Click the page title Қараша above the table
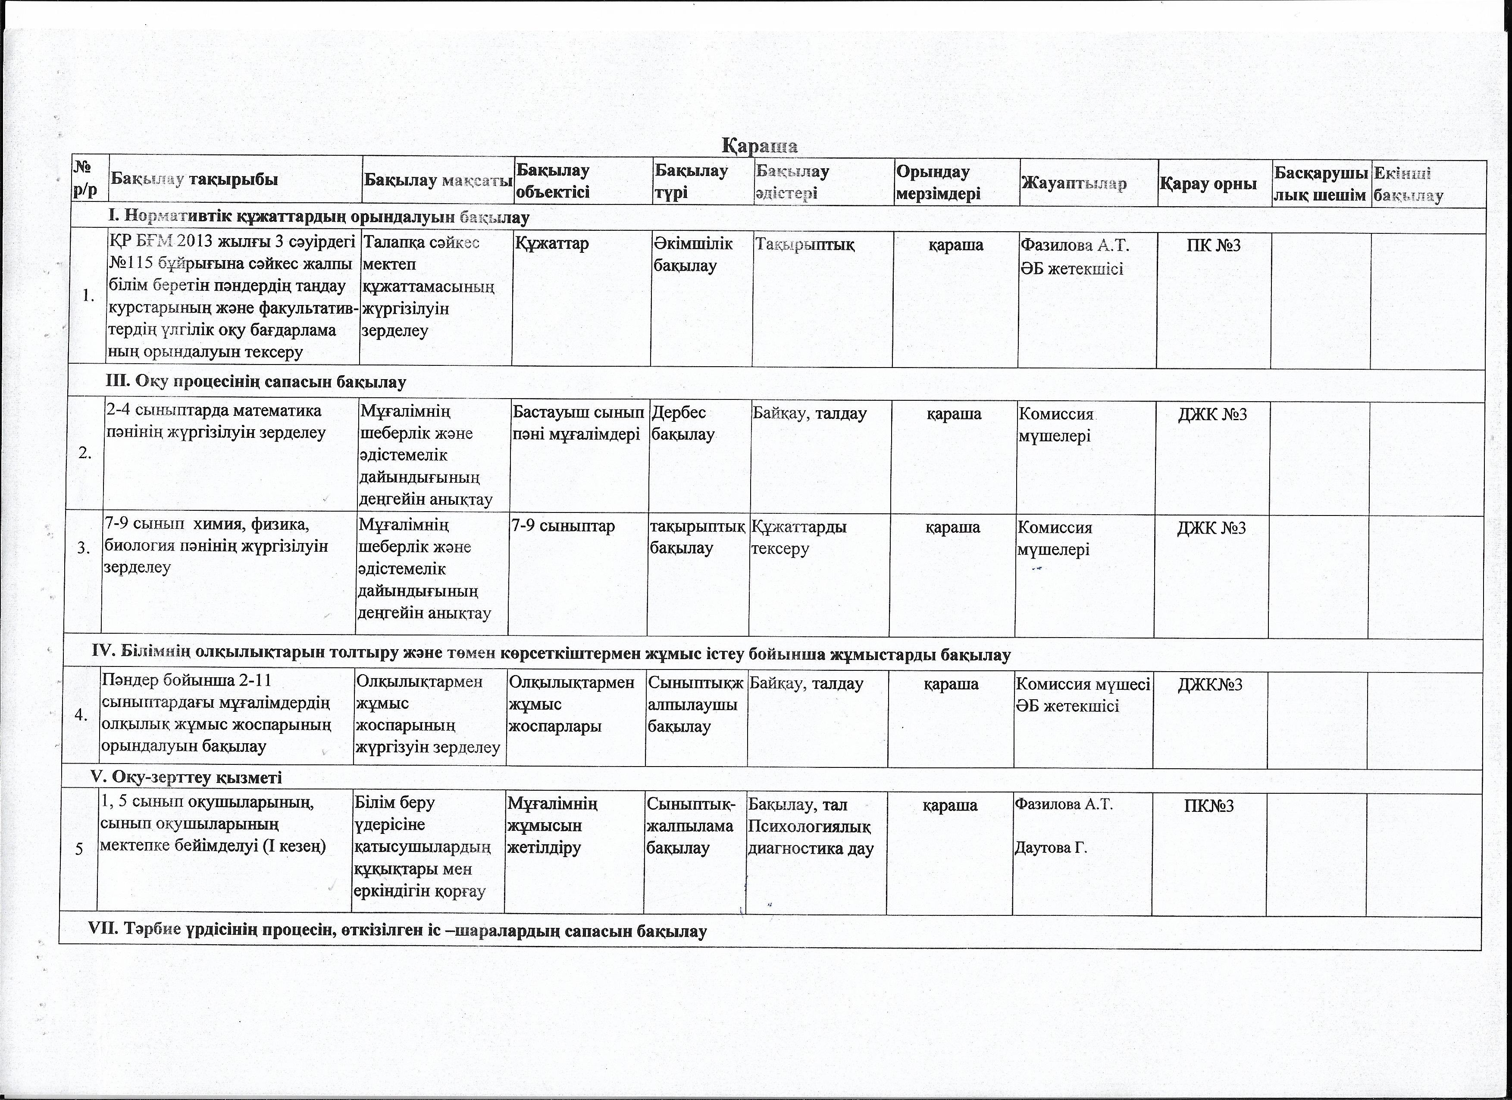click(760, 145)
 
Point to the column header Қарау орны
click(1208, 183)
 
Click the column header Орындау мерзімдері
click(938, 182)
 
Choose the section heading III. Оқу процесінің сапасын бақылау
click(257, 382)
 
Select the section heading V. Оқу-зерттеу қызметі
click(186, 777)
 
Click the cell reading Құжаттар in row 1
click(551, 243)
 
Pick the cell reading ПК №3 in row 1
click(1213, 245)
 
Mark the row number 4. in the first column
click(82, 716)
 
